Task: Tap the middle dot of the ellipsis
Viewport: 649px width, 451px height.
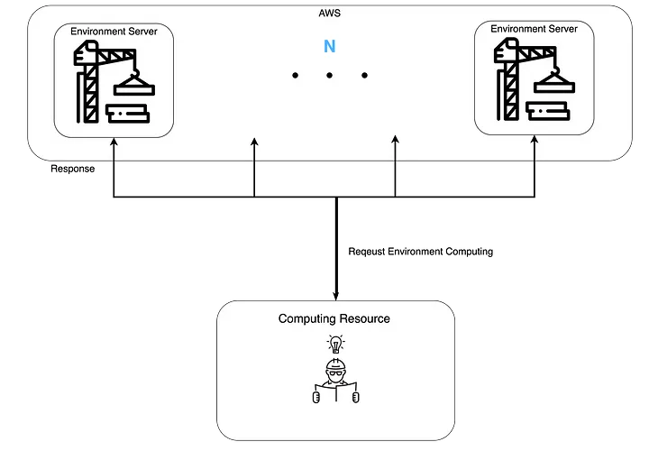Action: [329, 76]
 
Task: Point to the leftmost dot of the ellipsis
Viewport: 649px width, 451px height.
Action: [295, 76]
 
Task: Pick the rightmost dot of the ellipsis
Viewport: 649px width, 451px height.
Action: [364, 76]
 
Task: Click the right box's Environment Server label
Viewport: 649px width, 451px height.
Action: [534, 29]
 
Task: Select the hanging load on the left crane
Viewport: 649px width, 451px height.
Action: [134, 87]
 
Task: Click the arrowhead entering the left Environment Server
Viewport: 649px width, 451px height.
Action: [114, 141]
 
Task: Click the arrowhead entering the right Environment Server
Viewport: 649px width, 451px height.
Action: [535, 139]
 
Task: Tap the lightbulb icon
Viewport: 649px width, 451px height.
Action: [335, 344]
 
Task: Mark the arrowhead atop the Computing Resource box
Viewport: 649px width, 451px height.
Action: [335, 299]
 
